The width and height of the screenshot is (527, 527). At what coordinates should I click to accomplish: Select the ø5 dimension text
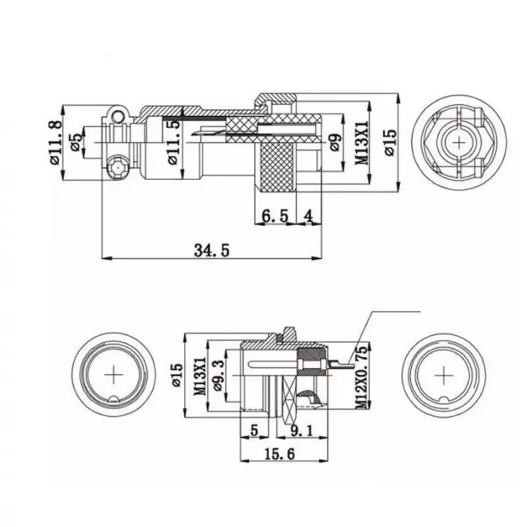pos(76,142)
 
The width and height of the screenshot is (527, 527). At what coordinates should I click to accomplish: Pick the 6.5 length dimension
pos(274,216)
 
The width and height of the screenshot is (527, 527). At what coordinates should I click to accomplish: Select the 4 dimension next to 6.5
pos(309,216)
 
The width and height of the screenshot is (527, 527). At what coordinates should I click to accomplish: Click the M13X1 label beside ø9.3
pos(200,374)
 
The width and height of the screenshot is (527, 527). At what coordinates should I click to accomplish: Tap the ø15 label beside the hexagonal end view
pos(388,141)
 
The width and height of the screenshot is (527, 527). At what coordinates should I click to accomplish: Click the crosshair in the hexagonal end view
pos(458,141)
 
